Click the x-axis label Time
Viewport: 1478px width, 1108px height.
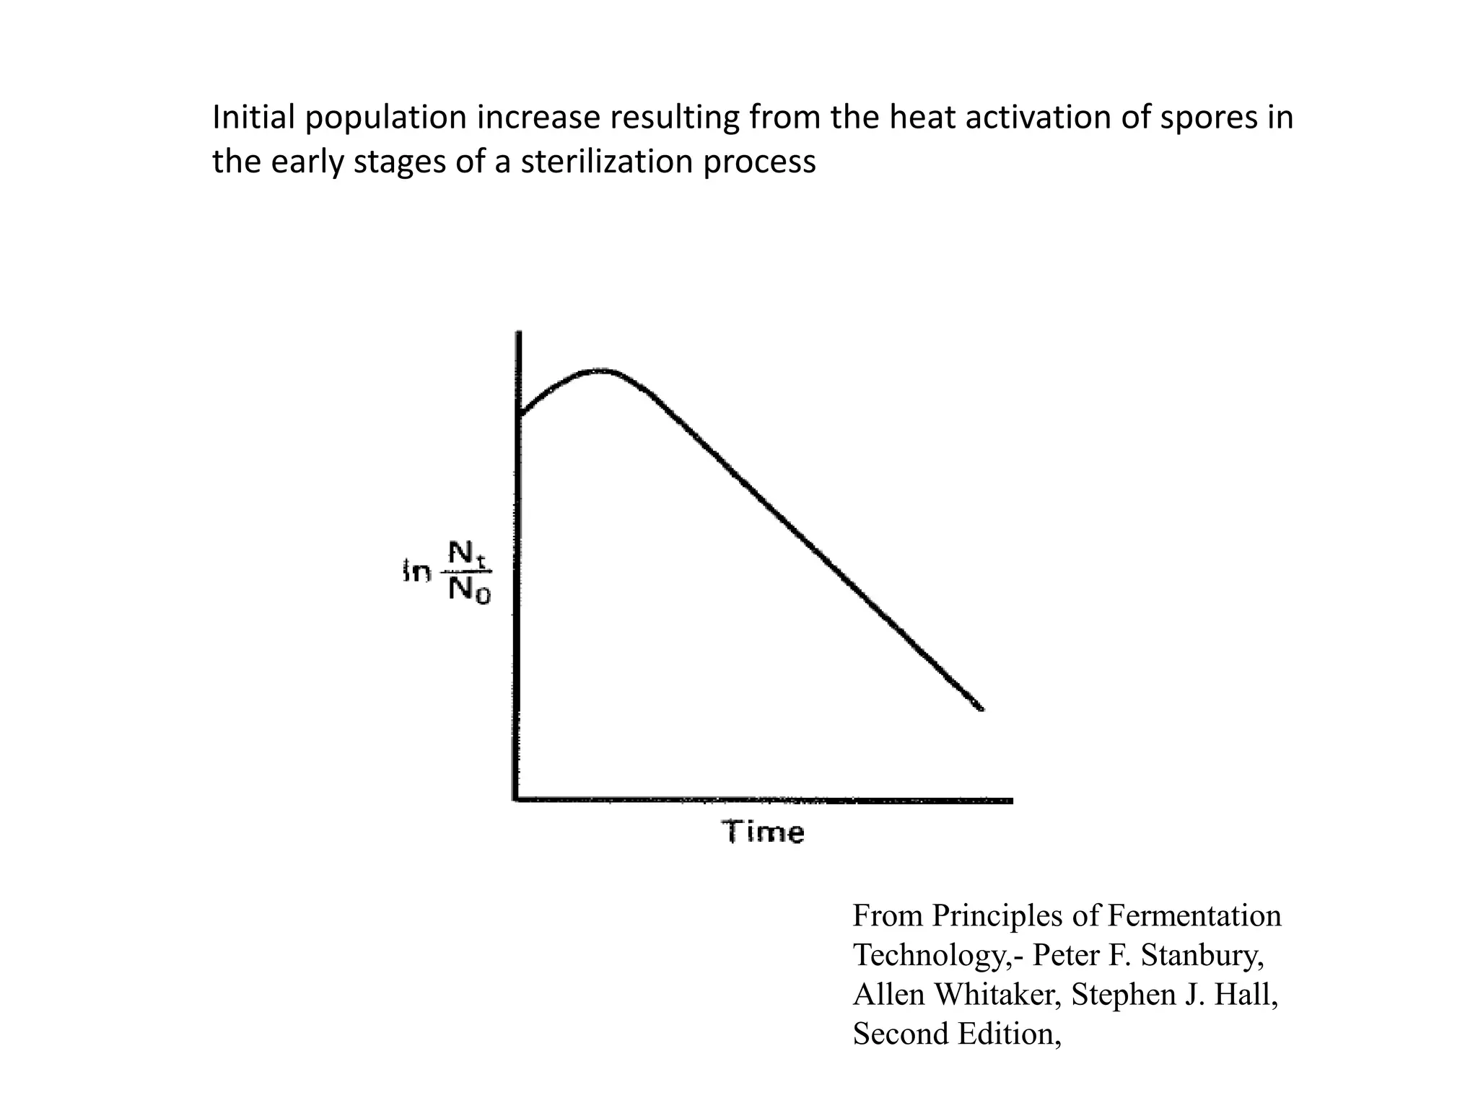pos(763,832)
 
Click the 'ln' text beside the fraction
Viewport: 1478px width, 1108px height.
pos(416,573)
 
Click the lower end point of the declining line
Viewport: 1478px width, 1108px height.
pos(981,710)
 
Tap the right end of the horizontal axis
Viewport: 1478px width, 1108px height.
pos(1011,801)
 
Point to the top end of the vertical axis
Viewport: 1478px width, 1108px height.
pos(519,333)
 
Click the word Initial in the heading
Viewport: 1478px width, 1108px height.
pos(254,118)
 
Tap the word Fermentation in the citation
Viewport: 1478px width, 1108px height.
pos(1194,916)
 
